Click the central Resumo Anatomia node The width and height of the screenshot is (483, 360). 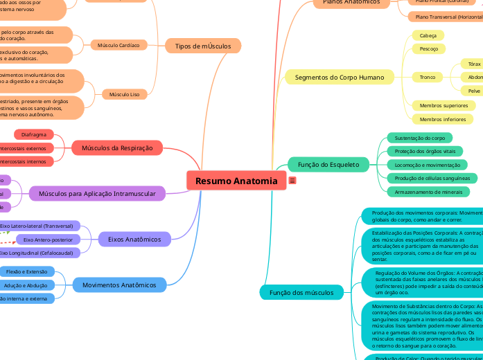click(236, 181)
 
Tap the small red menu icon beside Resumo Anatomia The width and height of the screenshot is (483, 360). click(292, 181)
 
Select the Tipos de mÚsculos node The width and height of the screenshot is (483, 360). click(203, 46)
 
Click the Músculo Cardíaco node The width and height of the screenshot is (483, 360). click(118, 46)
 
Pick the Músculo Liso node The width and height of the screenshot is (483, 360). click(125, 93)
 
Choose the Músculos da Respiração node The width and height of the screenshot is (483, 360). click(117, 147)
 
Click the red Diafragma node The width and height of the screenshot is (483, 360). click(35, 134)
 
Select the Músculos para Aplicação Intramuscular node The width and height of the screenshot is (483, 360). click(97, 194)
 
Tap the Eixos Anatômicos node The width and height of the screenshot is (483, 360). click(134, 240)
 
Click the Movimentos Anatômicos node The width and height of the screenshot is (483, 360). click(120, 285)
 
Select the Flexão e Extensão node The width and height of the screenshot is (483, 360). click(26, 272)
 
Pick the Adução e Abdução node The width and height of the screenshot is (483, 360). click(26, 285)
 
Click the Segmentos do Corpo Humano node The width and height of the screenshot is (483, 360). click(340, 77)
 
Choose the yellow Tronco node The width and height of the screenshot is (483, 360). click(428, 77)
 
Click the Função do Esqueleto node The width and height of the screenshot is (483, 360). click(328, 164)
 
